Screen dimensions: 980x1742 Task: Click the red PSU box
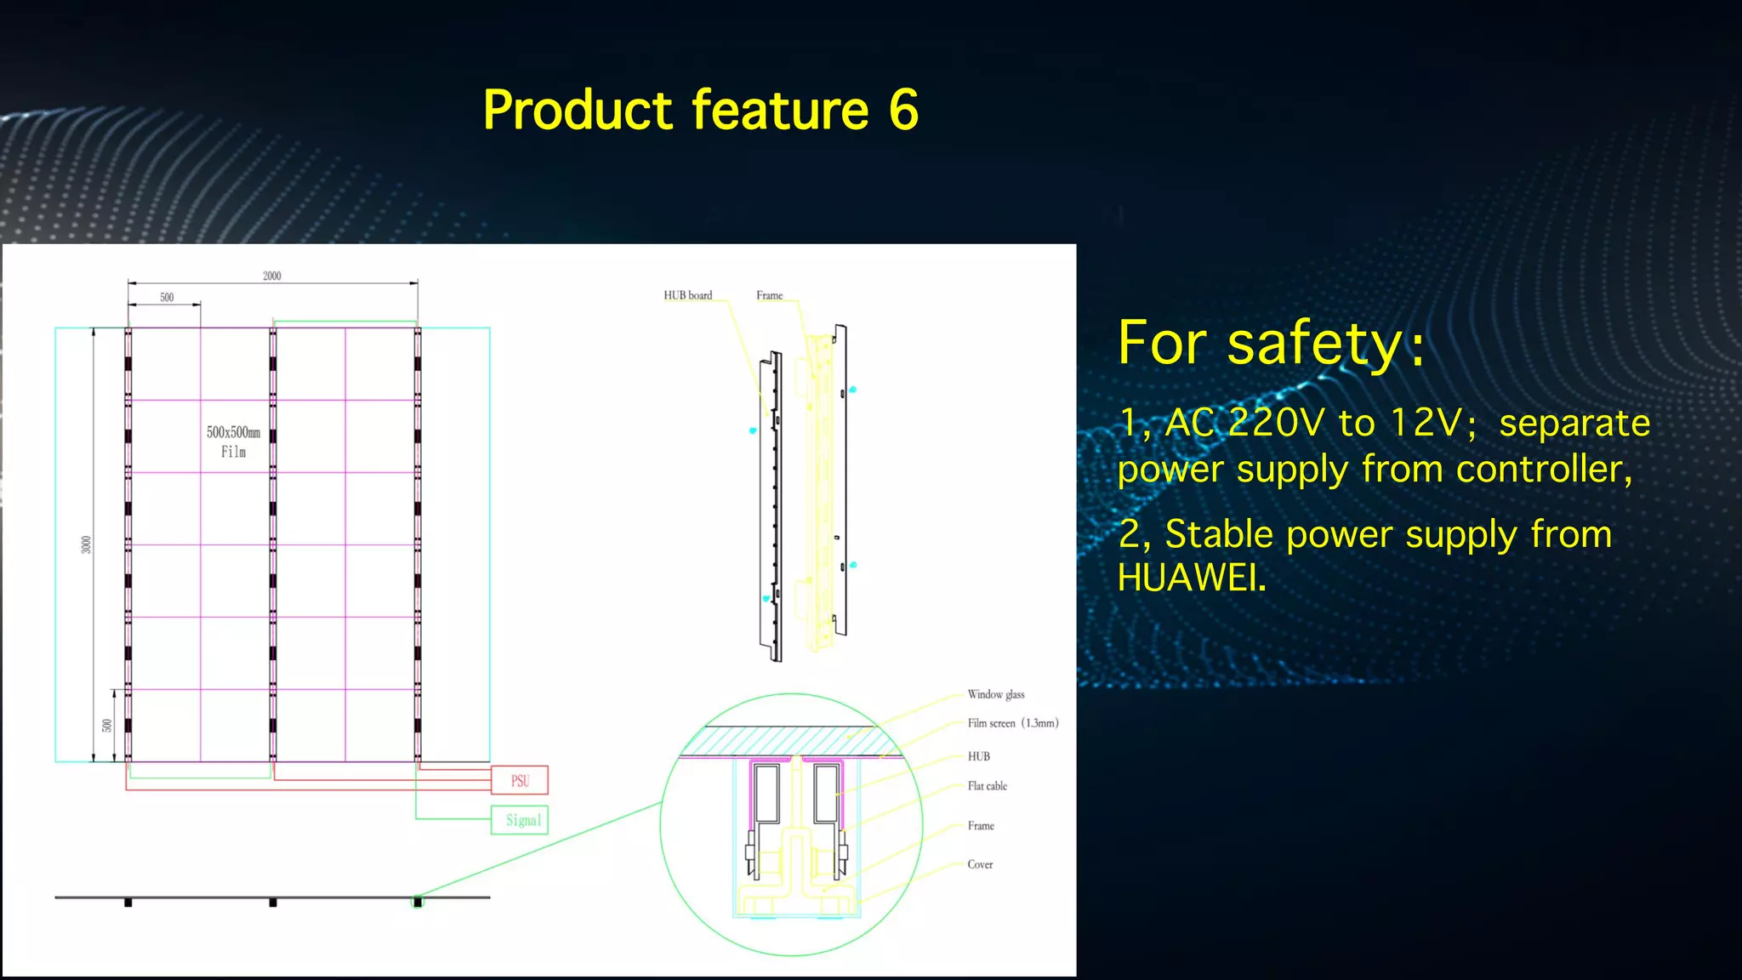click(x=520, y=780)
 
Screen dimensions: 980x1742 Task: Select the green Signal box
click(x=520, y=820)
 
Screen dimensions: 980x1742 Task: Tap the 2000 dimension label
click(x=272, y=276)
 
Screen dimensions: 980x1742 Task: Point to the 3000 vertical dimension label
click(x=86, y=544)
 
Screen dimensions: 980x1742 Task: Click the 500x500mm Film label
click(x=233, y=442)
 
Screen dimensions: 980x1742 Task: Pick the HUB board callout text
click(x=687, y=295)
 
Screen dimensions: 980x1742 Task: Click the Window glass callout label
click(x=996, y=694)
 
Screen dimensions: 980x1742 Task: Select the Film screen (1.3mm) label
click(x=1012, y=723)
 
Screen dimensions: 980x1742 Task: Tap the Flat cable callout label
click(x=987, y=786)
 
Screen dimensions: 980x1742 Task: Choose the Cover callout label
click(x=980, y=864)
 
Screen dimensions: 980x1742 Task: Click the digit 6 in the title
click(x=904, y=111)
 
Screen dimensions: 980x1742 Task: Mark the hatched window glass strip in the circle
click(x=791, y=741)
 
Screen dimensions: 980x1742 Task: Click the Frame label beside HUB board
click(x=769, y=295)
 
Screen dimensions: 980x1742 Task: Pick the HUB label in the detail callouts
click(x=978, y=756)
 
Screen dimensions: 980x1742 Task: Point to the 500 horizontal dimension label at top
click(x=167, y=297)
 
